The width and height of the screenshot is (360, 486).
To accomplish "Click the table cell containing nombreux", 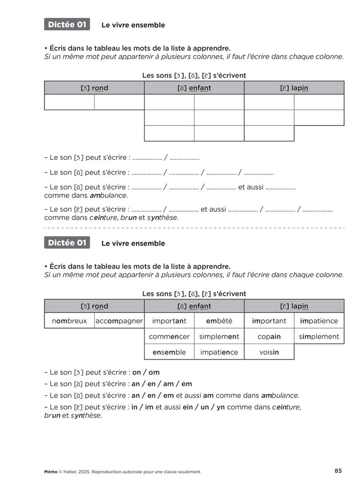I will point(69,321).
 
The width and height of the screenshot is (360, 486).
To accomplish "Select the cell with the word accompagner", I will point(119,321).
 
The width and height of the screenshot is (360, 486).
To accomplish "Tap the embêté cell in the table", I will point(219,321).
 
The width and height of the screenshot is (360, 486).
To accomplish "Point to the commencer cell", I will point(169,336).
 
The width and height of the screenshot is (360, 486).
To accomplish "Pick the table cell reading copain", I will point(269,336).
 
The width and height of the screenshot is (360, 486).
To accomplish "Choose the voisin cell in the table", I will point(269,352).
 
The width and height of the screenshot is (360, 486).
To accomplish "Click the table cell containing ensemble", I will point(169,352).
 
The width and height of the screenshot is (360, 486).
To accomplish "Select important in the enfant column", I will point(169,321).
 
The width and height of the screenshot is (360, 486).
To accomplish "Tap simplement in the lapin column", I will point(319,336).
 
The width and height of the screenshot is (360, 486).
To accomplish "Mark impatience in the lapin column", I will point(319,321).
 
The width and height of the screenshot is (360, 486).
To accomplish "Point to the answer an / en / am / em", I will point(161,384).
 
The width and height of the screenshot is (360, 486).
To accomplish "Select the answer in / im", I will point(146,407).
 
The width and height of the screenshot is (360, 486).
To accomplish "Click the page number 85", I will point(338,471).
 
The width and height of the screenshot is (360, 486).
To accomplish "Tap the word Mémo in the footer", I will point(51,472).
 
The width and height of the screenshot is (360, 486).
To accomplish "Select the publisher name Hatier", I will point(72,472).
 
